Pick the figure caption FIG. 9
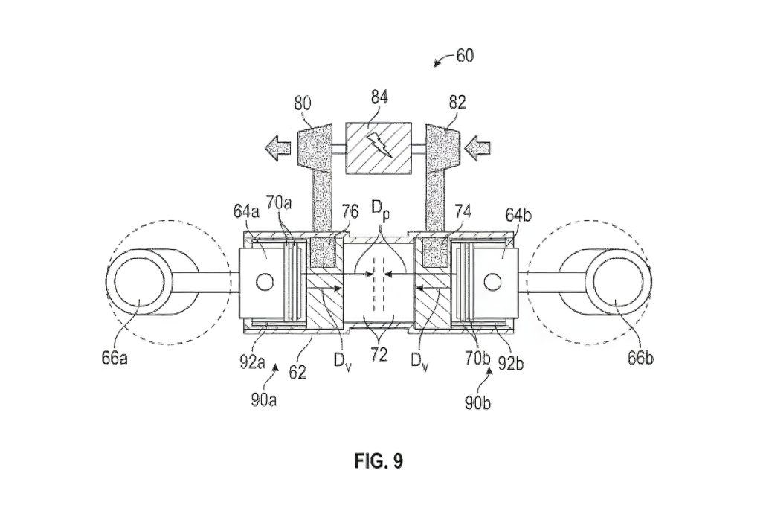pos(378,461)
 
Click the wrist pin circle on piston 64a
pos(263,282)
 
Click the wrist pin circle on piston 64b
pos(491,282)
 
